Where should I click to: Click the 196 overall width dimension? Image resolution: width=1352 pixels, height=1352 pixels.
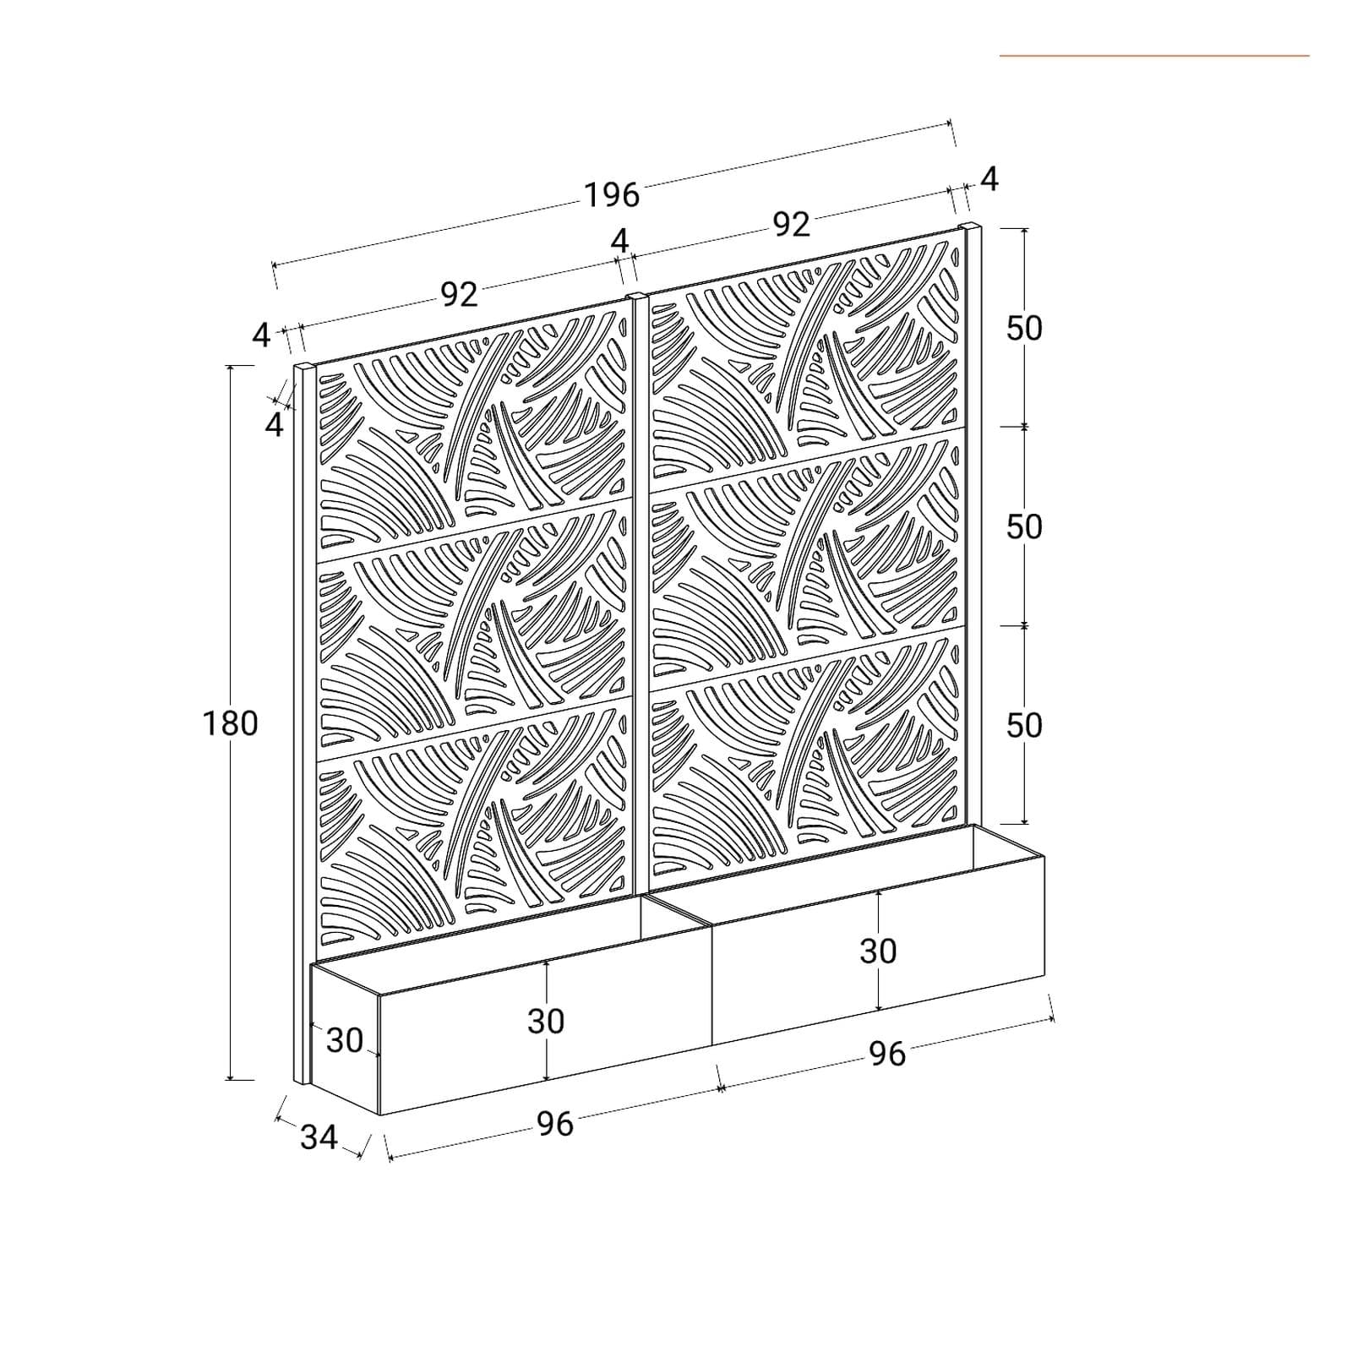click(x=612, y=195)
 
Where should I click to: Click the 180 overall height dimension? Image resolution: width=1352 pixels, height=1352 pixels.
click(x=230, y=723)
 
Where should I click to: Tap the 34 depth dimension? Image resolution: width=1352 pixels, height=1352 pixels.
click(x=319, y=1137)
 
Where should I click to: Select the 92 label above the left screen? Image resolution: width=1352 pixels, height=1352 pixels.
click(x=459, y=294)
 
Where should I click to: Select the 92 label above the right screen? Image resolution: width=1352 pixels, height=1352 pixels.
click(x=792, y=224)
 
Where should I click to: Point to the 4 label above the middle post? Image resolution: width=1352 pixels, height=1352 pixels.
click(x=620, y=242)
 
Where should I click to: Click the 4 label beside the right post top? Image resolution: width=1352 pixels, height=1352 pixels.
click(x=989, y=179)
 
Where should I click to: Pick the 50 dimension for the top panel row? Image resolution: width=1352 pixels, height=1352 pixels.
click(x=1024, y=328)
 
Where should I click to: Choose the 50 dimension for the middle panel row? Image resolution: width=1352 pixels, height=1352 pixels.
click(x=1024, y=526)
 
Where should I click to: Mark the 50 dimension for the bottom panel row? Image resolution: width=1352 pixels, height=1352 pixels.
click(x=1024, y=725)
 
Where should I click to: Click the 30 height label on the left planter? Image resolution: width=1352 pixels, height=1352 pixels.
click(x=546, y=1022)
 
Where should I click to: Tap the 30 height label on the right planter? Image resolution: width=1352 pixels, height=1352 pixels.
click(x=878, y=951)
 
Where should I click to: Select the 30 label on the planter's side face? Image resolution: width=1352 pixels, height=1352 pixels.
click(x=345, y=1040)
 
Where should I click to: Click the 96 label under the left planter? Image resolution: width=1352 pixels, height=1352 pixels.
click(x=555, y=1124)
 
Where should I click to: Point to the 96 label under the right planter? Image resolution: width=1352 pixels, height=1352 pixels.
click(x=887, y=1054)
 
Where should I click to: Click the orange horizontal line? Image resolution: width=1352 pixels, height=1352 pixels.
click(x=1154, y=56)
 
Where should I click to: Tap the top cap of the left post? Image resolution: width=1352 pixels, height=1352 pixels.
click(x=304, y=367)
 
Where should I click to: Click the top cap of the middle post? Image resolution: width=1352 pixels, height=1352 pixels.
click(x=638, y=297)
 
